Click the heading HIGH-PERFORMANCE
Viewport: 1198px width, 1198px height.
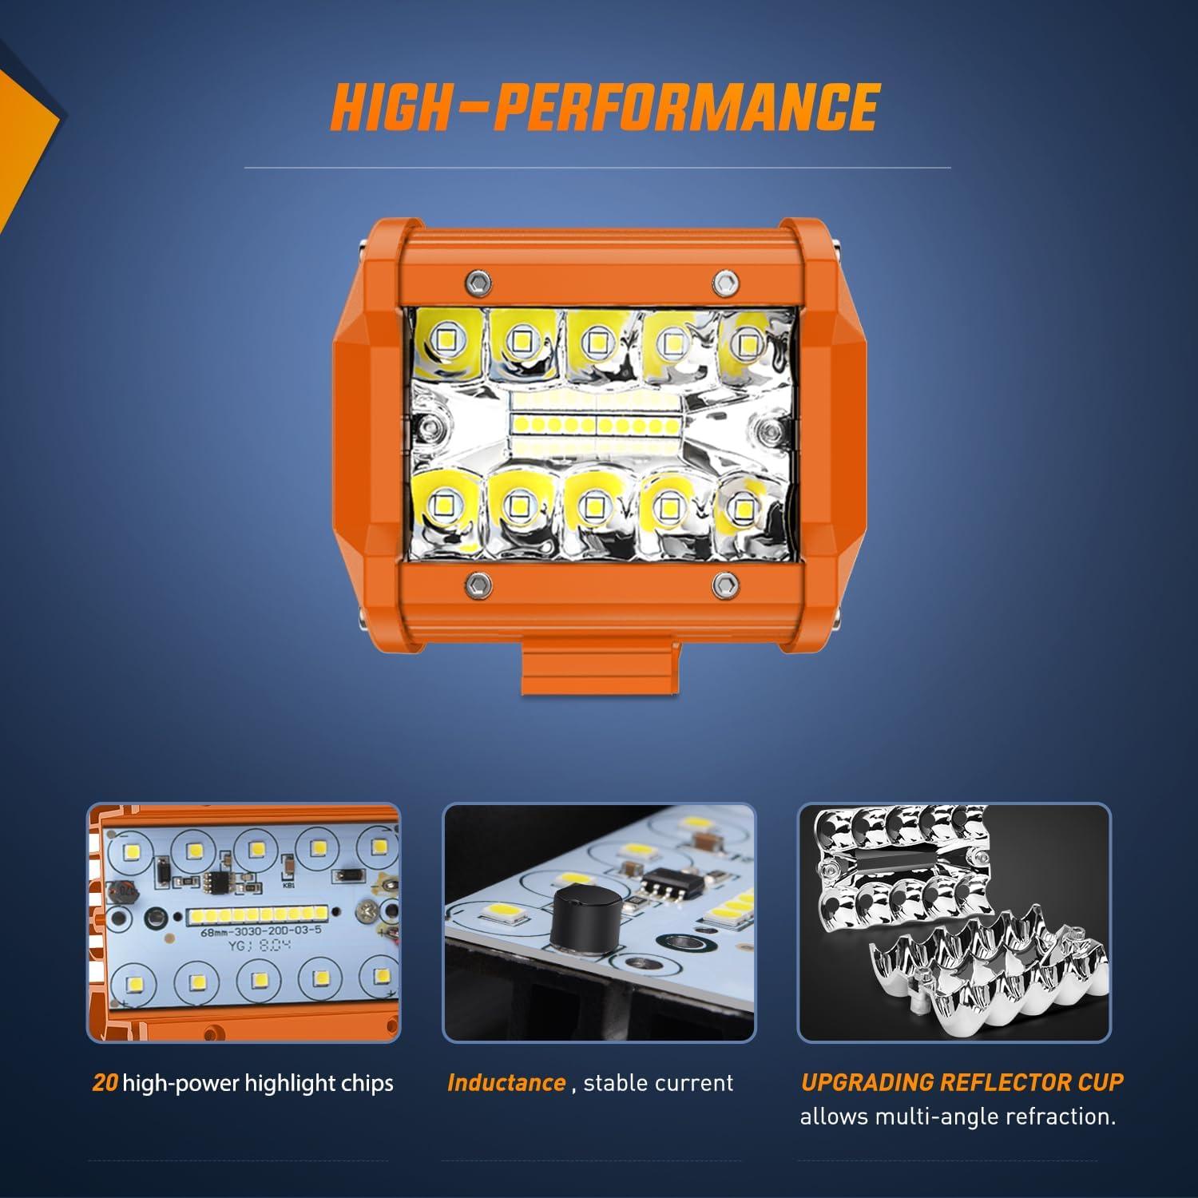tap(605, 107)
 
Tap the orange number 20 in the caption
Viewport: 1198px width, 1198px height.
tap(105, 1083)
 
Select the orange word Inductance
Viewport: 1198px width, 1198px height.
tap(506, 1083)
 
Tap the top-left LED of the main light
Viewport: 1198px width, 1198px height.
tap(446, 342)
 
